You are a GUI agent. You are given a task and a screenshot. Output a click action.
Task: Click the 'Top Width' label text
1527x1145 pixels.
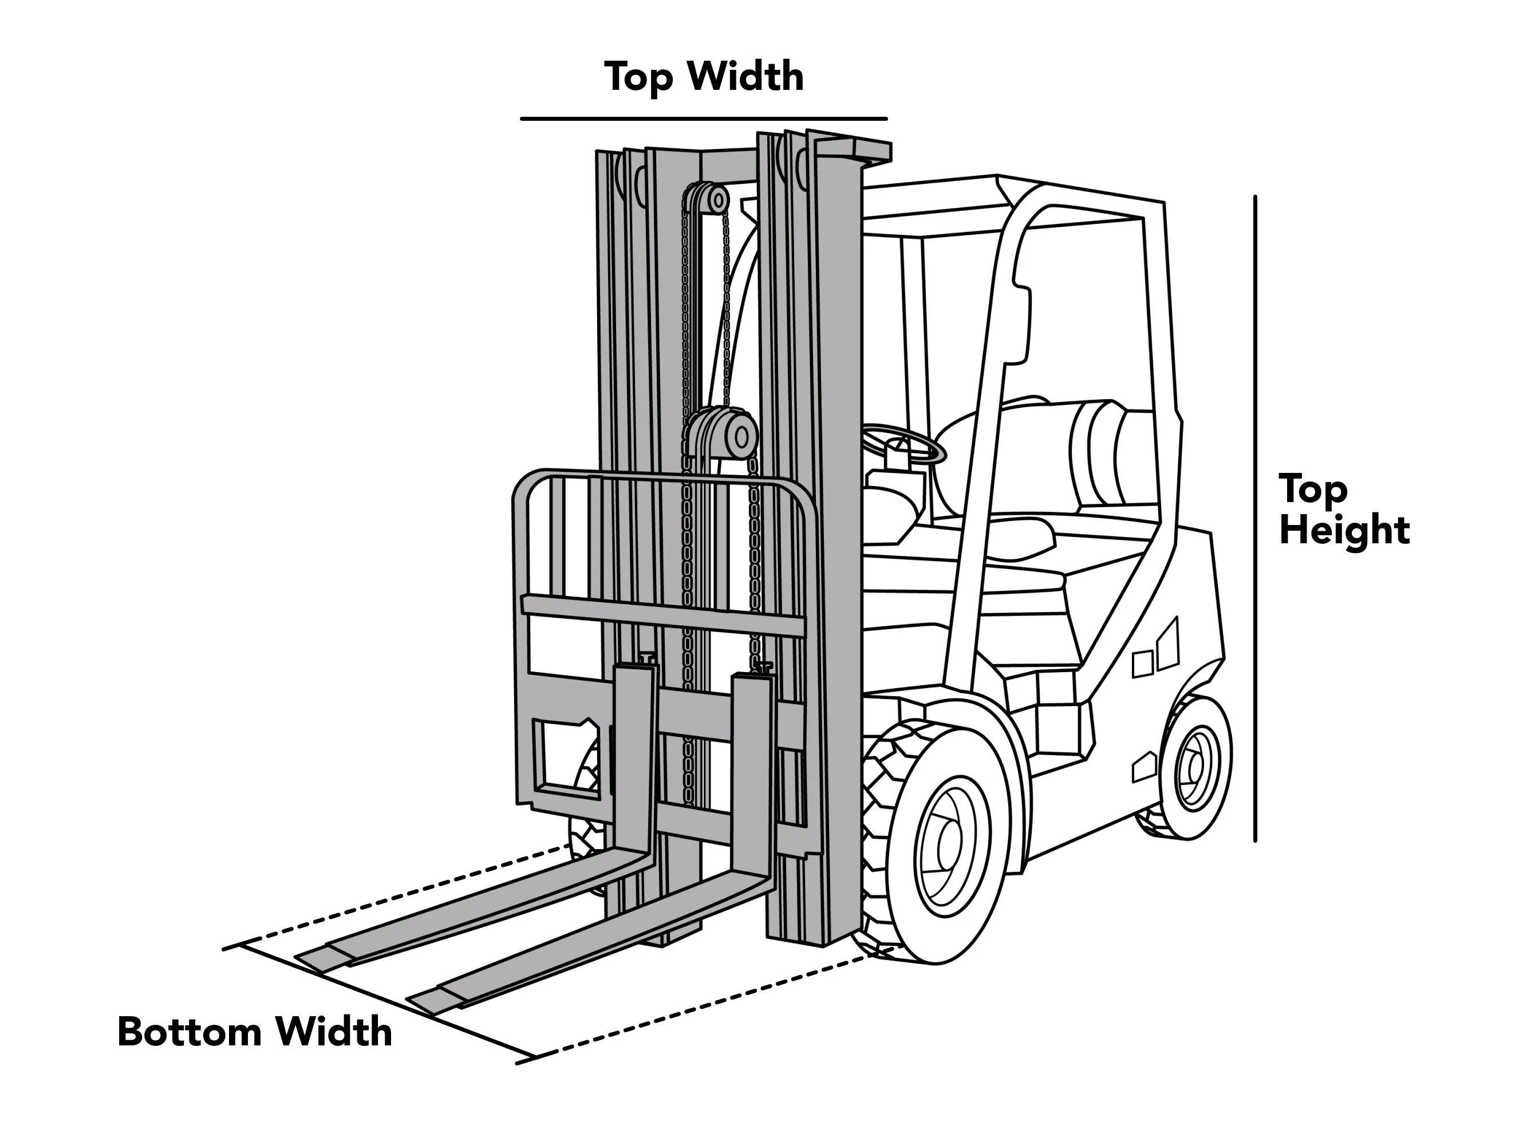click(x=704, y=76)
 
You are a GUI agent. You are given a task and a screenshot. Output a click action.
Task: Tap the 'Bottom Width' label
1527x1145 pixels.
click(x=255, y=1032)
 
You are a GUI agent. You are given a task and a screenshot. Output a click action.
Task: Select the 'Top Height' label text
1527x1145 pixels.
click(x=1343, y=510)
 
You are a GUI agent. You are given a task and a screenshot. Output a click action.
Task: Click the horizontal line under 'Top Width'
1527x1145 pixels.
click(x=704, y=119)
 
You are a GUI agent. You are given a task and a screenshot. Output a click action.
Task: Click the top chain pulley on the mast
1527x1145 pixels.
click(x=707, y=200)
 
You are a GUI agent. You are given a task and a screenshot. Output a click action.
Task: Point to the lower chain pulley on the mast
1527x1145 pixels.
click(x=725, y=436)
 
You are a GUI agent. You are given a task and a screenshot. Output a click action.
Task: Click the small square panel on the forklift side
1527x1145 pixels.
click(x=1142, y=664)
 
